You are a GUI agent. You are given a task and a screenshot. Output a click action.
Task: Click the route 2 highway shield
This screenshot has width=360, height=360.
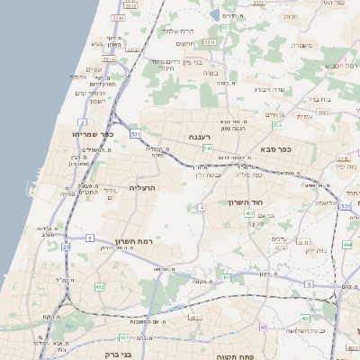tap(82, 121)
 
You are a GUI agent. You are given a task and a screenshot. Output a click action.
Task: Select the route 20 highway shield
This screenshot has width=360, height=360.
tap(66, 246)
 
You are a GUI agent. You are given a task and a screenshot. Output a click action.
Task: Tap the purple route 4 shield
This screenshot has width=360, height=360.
tap(202, 207)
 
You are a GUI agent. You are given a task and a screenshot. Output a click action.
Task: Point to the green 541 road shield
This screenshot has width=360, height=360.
tap(207, 148)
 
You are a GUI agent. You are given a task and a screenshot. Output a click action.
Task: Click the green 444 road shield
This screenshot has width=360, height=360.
tap(347, 244)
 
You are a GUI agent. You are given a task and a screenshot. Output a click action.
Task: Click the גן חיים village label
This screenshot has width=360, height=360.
tap(274, 115)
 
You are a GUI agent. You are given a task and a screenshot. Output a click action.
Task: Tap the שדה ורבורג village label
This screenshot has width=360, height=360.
tap(269, 89)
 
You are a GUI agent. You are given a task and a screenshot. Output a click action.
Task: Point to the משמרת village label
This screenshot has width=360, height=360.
tap(301, 45)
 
